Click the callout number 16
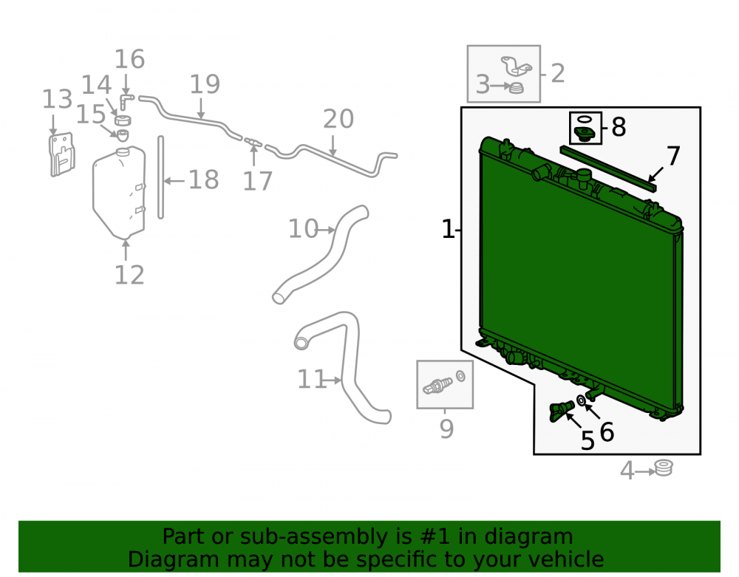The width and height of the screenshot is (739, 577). (129, 59)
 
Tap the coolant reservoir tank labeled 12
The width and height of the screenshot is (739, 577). (119, 193)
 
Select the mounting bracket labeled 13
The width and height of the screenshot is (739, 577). (62, 154)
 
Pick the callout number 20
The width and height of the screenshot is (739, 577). (338, 119)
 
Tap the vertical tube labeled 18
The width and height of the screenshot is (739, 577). (160, 177)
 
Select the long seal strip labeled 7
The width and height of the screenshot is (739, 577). (608, 168)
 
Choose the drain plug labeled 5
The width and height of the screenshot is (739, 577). (561, 411)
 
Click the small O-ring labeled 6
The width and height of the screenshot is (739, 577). (581, 400)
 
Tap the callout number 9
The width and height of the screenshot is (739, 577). (446, 429)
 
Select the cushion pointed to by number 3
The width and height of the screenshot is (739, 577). (517, 88)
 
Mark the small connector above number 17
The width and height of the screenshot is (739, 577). (253, 141)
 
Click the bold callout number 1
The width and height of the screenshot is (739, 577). (448, 229)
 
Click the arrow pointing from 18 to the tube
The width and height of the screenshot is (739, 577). (175, 181)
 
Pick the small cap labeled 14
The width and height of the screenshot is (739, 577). (123, 120)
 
